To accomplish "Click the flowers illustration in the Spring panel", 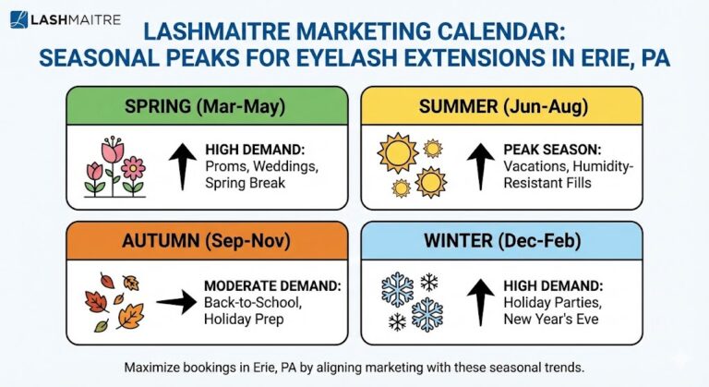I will tap(114, 165).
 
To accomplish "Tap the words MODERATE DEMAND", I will tap(261, 284).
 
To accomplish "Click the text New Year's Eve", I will tap(552, 319).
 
